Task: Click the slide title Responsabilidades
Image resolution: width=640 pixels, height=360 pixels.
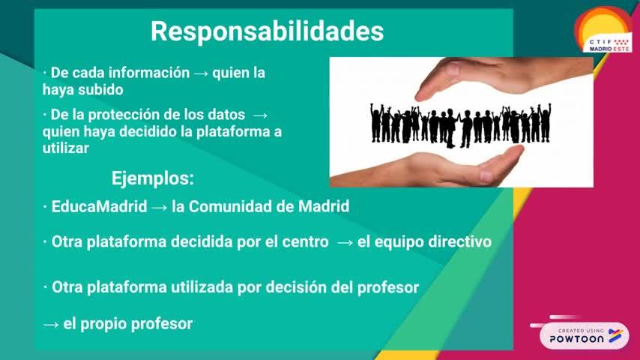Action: [x=268, y=31]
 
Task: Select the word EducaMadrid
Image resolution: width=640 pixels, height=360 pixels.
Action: [x=99, y=206]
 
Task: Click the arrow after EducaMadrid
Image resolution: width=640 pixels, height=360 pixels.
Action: [x=159, y=208]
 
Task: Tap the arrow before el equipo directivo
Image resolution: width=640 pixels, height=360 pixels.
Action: [x=345, y=243]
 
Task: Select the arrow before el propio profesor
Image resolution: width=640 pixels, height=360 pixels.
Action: [x=51, y=325]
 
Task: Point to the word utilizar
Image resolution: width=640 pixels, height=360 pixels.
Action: [x=66, y=148]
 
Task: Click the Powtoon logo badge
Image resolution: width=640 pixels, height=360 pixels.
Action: [x=584, y=335]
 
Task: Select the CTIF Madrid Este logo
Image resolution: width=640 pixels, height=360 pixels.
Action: [x=604, y=29]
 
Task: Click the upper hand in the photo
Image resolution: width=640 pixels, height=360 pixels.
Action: [x=504, y=77]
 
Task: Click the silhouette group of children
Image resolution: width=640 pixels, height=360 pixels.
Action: [x=461, y=124]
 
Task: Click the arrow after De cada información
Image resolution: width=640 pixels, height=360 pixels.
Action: [x=201, y=74]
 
